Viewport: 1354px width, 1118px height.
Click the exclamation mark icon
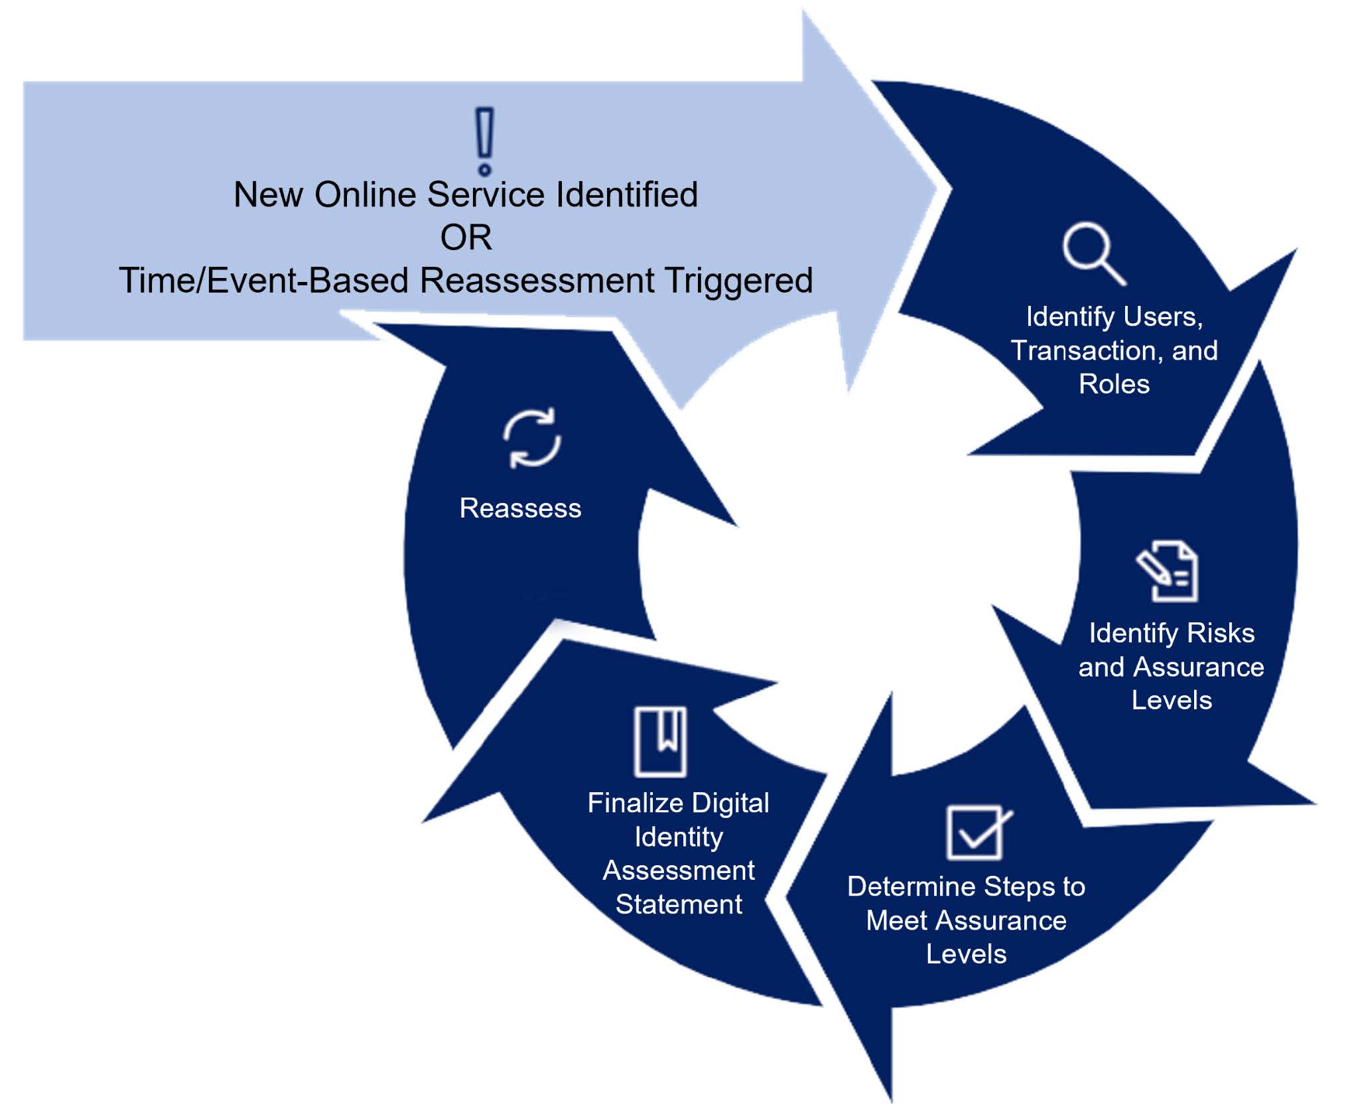coord(485,141)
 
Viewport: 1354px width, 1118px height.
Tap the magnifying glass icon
coord(1093,255)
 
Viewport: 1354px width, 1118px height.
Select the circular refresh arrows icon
coord(532,438)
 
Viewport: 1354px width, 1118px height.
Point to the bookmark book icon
coord(660,741)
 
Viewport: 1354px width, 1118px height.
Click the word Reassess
coord(520,508)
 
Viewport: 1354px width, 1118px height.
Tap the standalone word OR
coord(466,238)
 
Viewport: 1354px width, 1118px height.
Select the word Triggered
coord(739,280)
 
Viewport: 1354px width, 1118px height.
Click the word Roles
coord(1114,384)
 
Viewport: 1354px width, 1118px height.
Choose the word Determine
coord(911,886)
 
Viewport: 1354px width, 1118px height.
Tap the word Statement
coord(679,904)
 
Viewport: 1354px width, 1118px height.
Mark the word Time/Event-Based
coord(263,280)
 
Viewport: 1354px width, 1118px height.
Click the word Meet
coord(894,920)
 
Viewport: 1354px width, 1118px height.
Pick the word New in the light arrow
coord(268,195)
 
